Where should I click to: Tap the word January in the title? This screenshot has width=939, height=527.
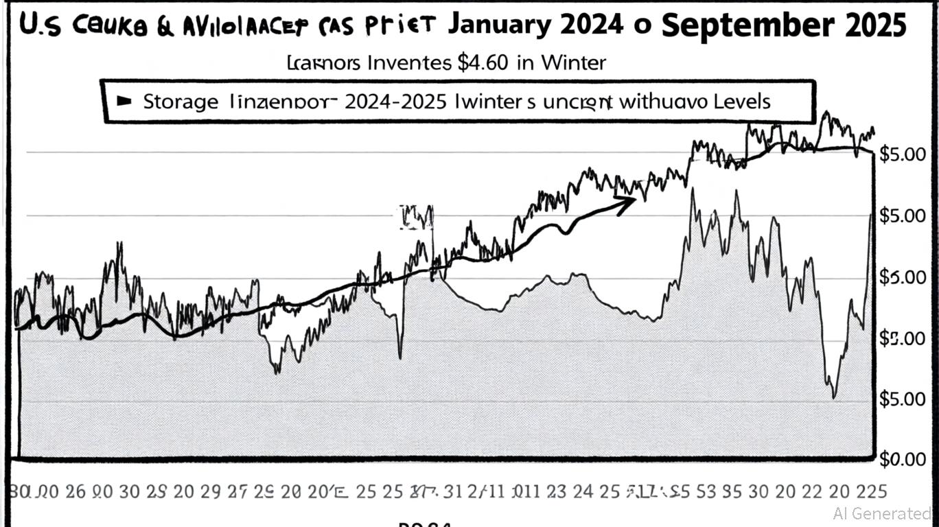(x=498, y=26)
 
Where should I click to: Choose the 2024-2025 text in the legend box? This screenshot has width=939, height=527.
(x=395, y=102)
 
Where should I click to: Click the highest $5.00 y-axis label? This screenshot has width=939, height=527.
(x=901, y=154)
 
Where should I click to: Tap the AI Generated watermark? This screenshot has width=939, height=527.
(x=881, y=513)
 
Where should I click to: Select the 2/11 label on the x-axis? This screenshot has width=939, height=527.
(x=487, y=491)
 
